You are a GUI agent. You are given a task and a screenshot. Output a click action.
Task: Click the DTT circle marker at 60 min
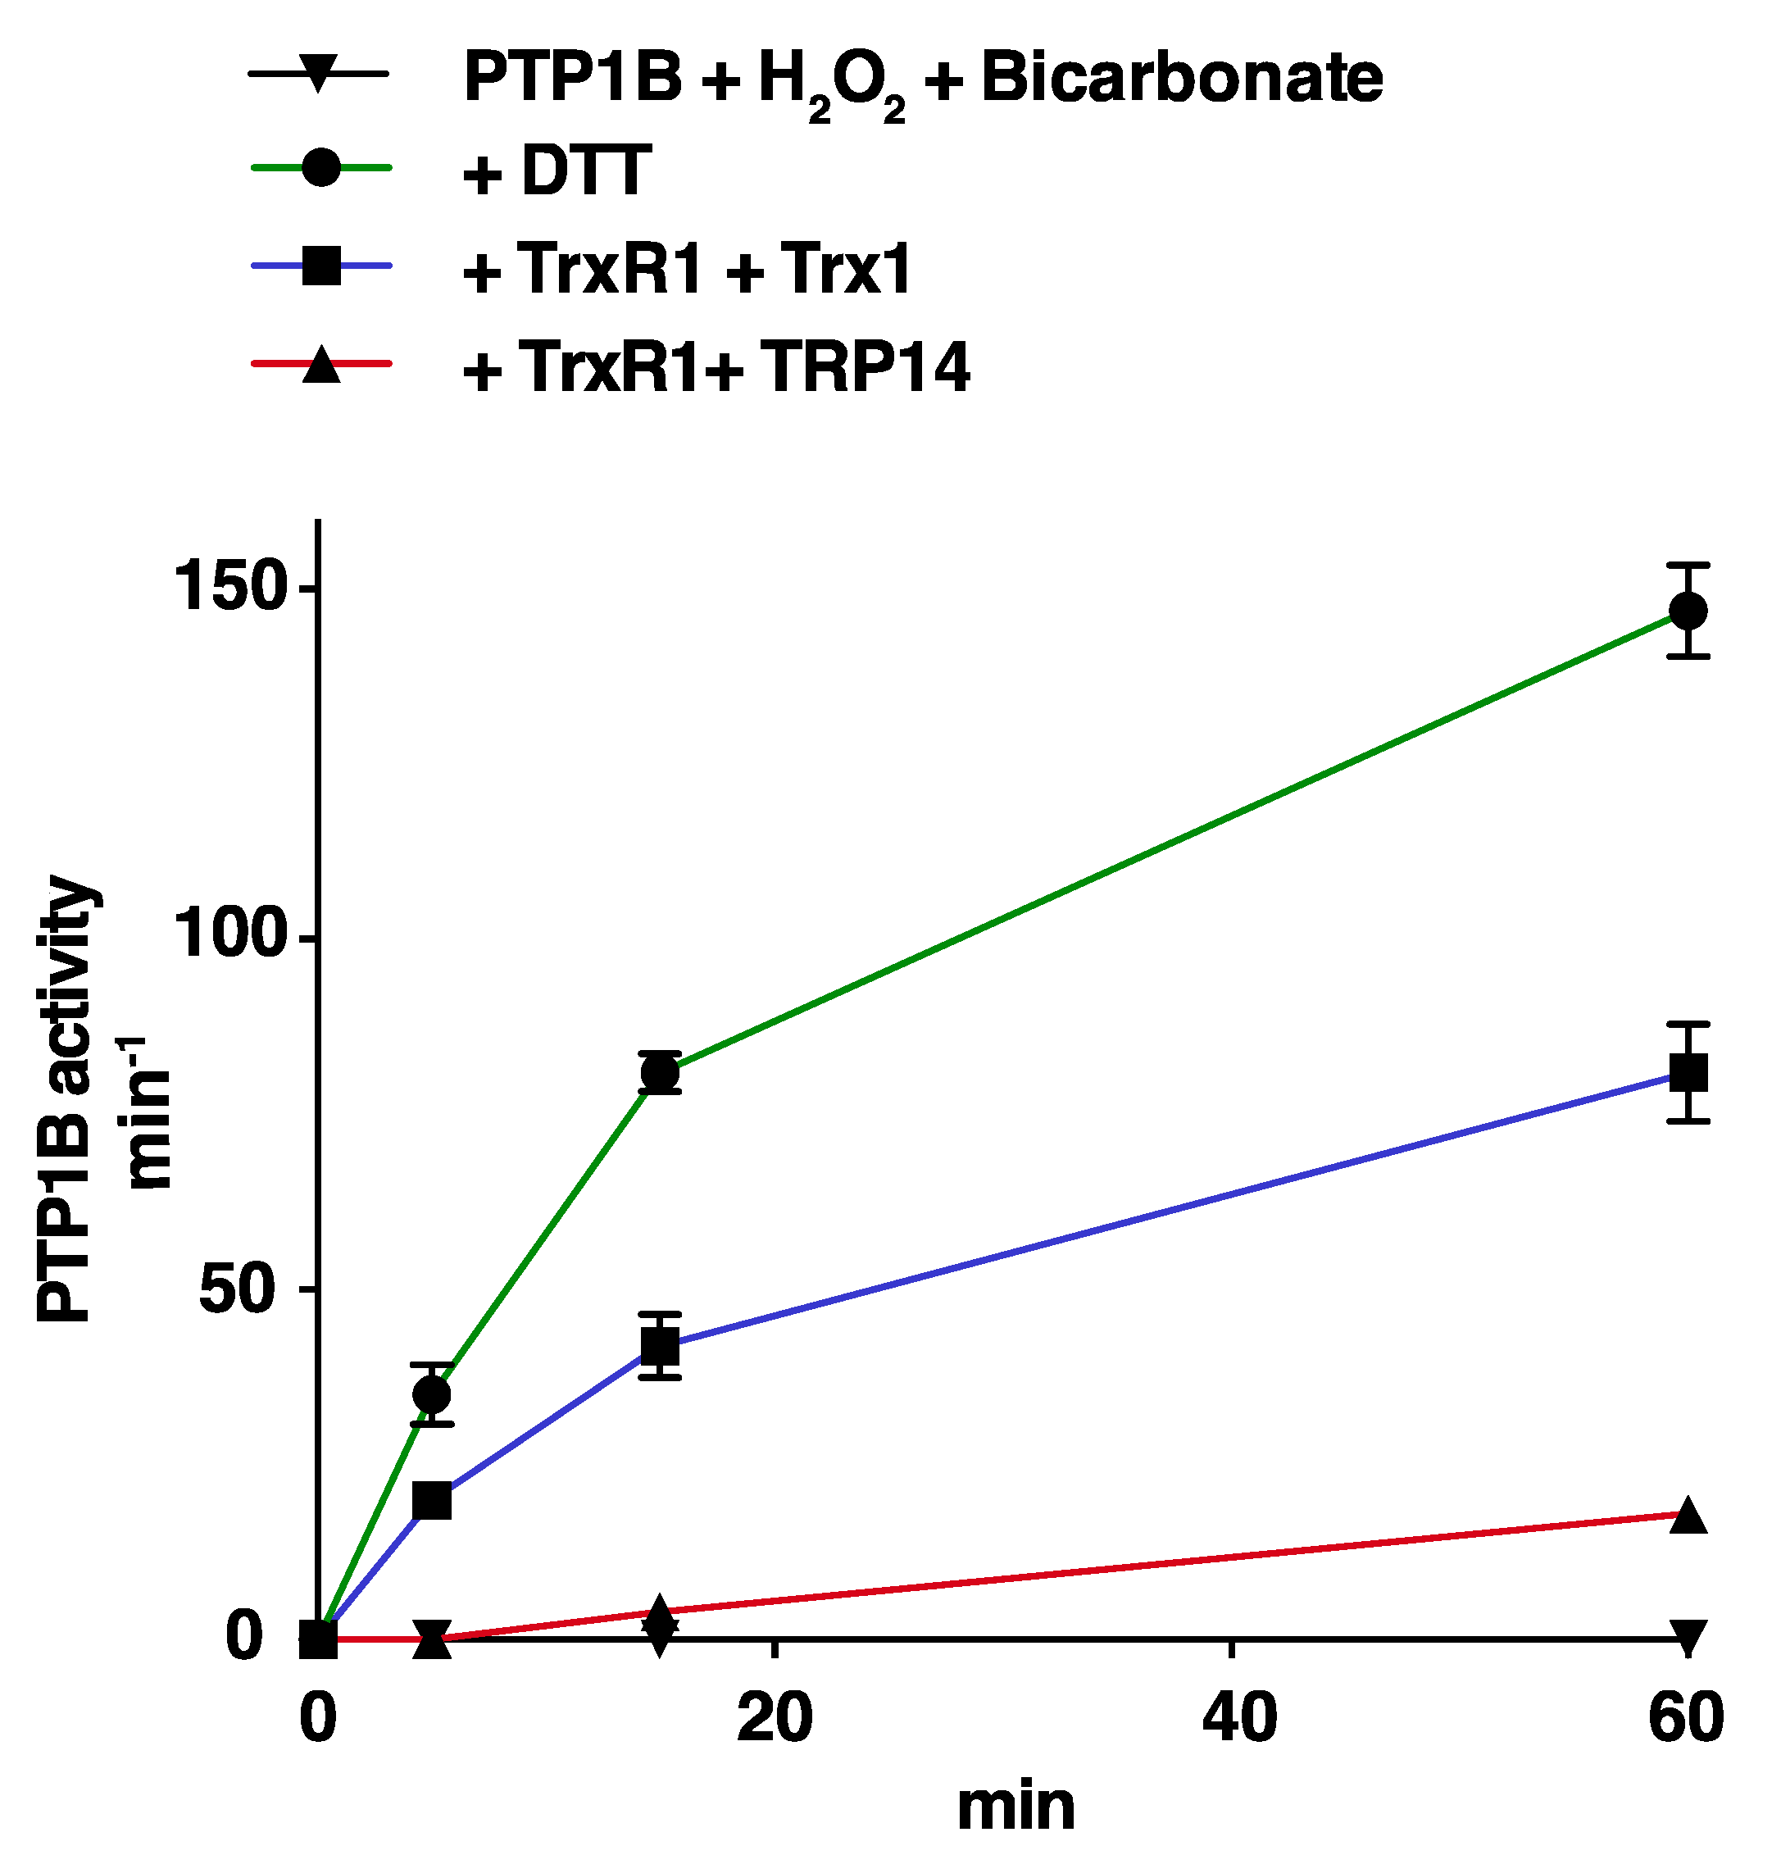point(1687,611)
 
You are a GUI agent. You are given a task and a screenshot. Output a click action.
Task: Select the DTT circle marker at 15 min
point(660,1073)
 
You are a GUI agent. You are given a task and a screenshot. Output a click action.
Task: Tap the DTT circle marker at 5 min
point(432,1394)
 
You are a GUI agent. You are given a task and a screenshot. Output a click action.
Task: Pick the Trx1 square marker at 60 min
point(1687,1073)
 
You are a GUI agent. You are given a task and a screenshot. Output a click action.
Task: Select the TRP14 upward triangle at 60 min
point(1687,1516)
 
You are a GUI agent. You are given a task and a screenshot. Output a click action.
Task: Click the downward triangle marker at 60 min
point(1687,1637)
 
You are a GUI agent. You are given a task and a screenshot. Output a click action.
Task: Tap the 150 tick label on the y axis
point(232,588)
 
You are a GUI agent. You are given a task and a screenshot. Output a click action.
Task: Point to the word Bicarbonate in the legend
point(1181,78)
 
